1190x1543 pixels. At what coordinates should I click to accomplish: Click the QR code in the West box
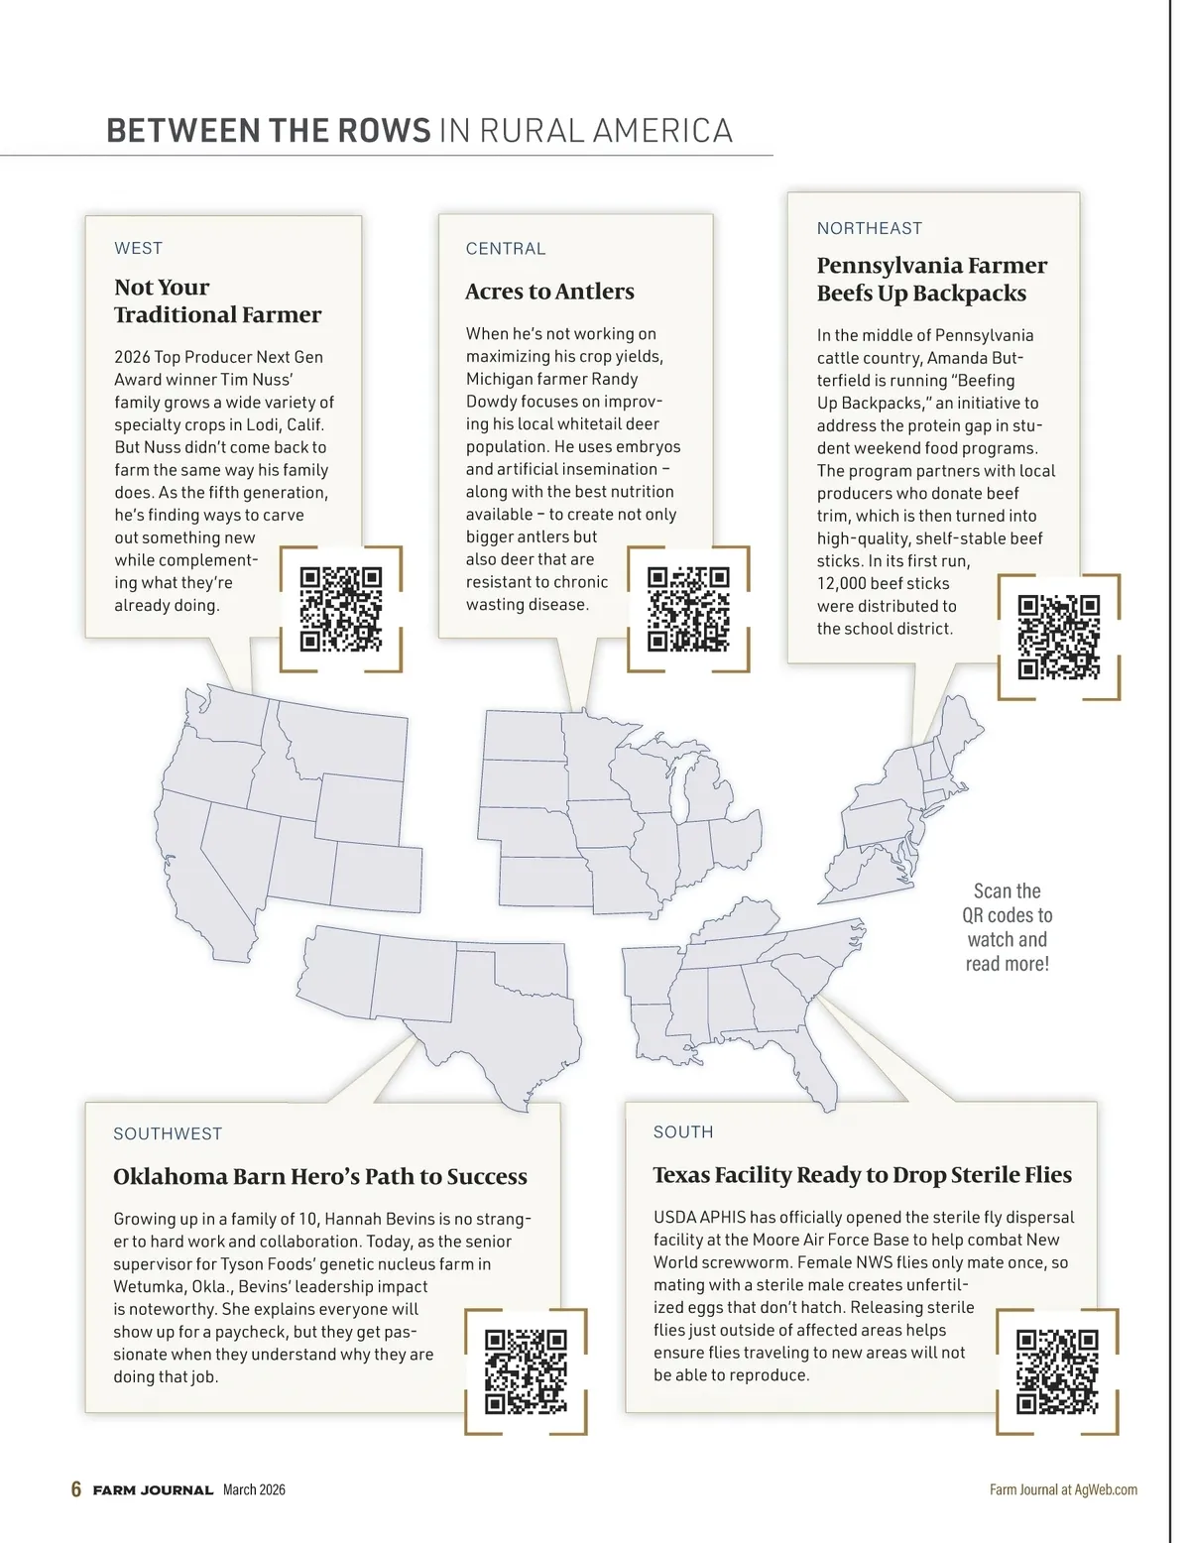[x=340, y=609]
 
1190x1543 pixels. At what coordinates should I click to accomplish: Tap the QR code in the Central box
[x=688, y=609]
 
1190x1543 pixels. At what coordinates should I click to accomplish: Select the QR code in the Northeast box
[x=1059, y=637]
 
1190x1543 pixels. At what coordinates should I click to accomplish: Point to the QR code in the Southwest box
[x=526, y=1371]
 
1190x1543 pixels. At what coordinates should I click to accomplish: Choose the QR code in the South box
[x=1057, y=1371]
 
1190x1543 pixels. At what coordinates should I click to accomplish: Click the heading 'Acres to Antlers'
[x=549, y=292]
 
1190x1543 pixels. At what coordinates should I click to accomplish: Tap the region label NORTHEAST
[x=869, y=228]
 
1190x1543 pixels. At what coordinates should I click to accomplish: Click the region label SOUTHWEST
[x=168, y=1133]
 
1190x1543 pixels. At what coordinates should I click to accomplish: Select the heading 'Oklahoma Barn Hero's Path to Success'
[x=319, y=1177]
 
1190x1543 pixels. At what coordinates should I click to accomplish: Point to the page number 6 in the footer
[x=76, y=1489]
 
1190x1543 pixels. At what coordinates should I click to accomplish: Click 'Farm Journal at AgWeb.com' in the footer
[x=1063, y=1489]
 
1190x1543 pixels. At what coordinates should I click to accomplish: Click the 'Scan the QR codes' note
[x=1007, y=927]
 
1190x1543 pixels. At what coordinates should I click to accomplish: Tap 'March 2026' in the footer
[x=254, y=1489]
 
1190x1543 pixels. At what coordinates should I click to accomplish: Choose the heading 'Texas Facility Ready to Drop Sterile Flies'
[x=862, y=1175]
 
